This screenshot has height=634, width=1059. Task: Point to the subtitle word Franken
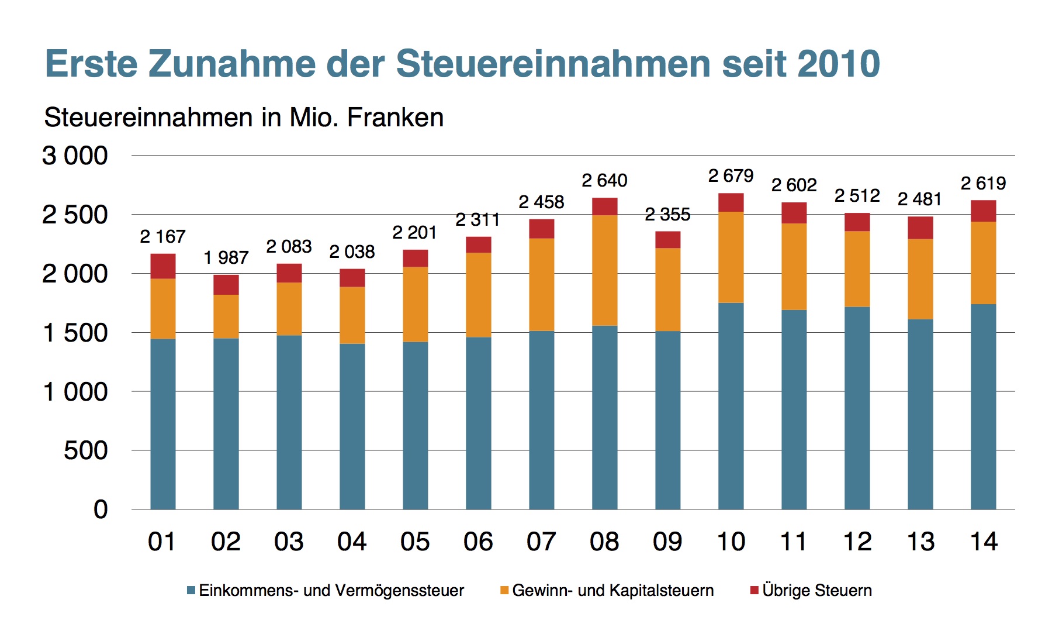(395, 118)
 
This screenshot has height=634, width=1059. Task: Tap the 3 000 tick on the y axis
(75, 156)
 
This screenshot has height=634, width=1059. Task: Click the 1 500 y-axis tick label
(75, 333)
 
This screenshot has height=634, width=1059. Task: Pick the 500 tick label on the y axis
(85, 450)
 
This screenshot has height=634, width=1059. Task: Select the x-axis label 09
(667, 542)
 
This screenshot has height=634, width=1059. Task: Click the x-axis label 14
(983, 542)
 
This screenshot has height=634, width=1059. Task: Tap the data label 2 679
(731, 175)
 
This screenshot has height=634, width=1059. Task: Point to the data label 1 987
(226, 257)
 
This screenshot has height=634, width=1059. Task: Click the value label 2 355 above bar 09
(667, 215)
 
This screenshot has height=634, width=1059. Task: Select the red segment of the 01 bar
(162, 266)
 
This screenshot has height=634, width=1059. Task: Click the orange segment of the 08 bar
(604, 270)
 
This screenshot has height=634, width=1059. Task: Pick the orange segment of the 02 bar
(226, 316)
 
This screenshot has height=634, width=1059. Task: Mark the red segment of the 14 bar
(983, 211)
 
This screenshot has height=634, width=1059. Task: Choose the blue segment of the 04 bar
(352, 426)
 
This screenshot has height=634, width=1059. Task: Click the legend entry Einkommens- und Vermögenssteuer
(331, 590)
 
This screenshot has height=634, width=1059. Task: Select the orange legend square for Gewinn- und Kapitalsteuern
(504, 591)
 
